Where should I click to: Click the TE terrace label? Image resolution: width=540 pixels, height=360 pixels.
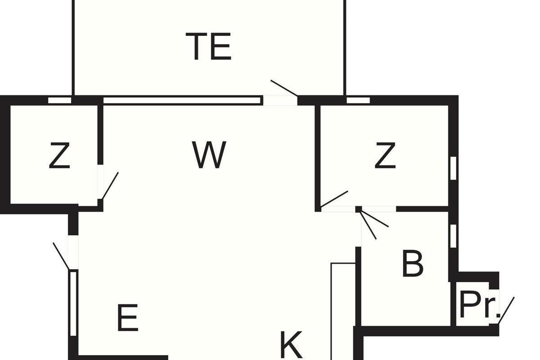[x=208, y=46]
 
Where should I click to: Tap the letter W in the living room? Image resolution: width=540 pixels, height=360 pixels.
[x=209, y=155]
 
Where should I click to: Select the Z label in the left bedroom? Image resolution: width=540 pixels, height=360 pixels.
[x=59, y=155]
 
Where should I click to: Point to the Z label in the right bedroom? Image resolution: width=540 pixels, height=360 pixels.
[x=385, y=155]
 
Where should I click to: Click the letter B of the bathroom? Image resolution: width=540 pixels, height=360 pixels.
[x=413, y=264]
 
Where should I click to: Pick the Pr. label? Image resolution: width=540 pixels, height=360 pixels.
[x=480, y=305]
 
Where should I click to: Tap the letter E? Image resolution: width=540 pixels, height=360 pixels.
[x=127, y=318]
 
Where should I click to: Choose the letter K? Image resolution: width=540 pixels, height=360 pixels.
[x=291, y=345]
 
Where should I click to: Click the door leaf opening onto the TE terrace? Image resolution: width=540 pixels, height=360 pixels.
[x=284, y=88]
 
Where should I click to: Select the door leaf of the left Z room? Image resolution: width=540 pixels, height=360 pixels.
[x=110, y=186]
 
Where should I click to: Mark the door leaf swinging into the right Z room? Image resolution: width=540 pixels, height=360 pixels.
[x=334, y=199]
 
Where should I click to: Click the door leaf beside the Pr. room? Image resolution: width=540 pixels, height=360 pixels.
[x=506, y=310]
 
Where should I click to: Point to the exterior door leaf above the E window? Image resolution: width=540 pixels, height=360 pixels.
[x=61, y=256]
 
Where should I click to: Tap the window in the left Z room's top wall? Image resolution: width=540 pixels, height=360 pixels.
[x=59, y=100]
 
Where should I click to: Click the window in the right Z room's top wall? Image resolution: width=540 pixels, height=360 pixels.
[x=358, y=100]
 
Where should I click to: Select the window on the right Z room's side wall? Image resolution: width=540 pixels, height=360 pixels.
[x=453, y=168]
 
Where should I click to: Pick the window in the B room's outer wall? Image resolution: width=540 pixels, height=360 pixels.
[x=453, y=236]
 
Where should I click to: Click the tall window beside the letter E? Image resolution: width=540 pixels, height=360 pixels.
[x=73, y=303]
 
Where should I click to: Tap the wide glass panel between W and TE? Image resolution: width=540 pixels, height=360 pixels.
[x=183, y=100]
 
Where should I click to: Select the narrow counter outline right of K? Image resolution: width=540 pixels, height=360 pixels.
[x=343, y=311]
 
